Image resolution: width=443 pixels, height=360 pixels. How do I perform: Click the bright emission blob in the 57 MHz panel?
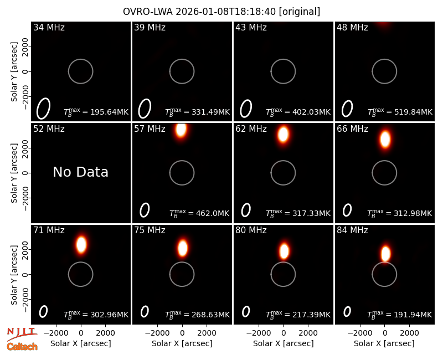(181, 130)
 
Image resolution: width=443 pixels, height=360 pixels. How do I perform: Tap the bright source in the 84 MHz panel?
(385, 254)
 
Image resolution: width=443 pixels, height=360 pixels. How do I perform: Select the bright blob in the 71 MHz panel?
(81, 244)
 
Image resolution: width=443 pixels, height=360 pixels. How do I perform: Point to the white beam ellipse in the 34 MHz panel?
(43, 109)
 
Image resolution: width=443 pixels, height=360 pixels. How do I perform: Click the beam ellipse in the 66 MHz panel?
(347, 210)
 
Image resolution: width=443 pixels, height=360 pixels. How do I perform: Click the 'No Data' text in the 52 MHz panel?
(80, 172)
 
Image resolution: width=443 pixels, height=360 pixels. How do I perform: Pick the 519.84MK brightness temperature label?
(400, 112)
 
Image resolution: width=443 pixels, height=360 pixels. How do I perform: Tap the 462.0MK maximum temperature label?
(199, 213)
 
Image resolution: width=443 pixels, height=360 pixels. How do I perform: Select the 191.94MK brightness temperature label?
(399, 315)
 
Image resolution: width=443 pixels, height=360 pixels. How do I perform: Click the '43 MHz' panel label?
(251, 27)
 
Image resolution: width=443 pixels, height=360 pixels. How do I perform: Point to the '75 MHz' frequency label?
(150, 230)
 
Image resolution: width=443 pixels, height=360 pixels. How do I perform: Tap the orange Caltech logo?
(22, 347)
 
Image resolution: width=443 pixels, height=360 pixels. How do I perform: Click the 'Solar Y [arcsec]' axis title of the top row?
(14, 71)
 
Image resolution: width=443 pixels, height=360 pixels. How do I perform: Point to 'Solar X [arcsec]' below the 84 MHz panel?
(384, 343)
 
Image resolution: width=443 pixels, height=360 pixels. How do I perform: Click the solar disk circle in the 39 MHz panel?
(182, 59)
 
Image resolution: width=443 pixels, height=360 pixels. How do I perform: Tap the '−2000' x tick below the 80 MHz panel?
(259, 333)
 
